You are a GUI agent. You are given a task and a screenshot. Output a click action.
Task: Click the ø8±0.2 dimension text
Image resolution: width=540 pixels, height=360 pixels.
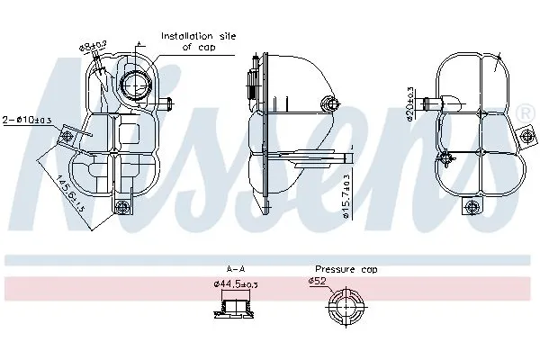point(93,44)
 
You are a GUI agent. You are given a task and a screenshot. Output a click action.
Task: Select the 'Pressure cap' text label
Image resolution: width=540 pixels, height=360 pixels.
point(346,269)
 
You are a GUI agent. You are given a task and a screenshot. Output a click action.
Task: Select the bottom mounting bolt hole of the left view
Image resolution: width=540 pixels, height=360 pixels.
point(123,209)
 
